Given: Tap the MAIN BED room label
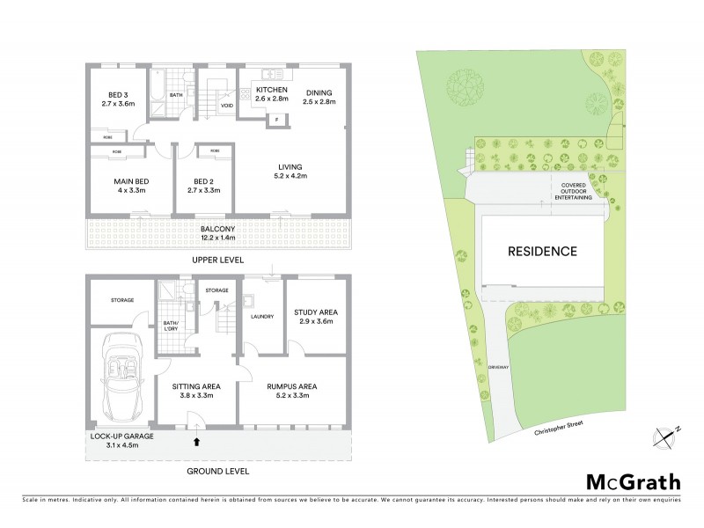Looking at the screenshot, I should pos(117,181).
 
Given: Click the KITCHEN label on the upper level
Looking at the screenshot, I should pos(272,91).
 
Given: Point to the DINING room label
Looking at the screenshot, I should pos(319,92).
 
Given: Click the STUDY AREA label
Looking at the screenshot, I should pos(314,312).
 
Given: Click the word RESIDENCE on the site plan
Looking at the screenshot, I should pos(542,251).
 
